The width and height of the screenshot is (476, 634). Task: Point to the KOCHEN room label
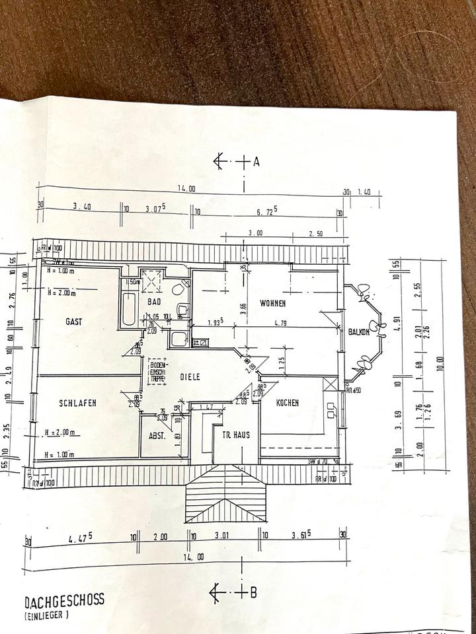pyautogui.click(x=288, y=402)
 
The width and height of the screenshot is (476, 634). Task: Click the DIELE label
pyautogui.click(x=190, y=377)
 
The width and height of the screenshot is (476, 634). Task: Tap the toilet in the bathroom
pyautogui.click(x=177, y=289)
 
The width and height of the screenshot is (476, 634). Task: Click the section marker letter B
pyautogui.click(x=253, y=592)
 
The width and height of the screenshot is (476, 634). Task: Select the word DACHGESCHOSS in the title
pyautogui.click(x=63, y=602)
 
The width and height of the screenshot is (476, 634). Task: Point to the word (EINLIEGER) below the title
pyautogui.click(x=48, y=616)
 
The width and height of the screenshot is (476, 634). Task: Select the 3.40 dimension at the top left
pyautogui.click(x=81, y=207)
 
